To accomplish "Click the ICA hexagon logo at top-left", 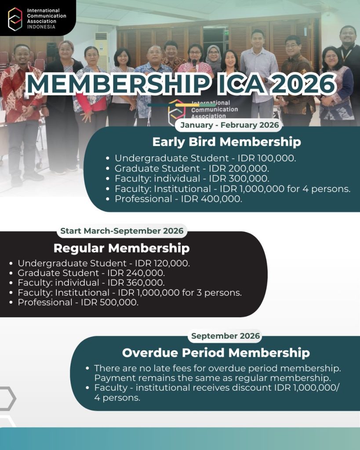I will point(15,18).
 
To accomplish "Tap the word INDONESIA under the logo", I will point(41,26).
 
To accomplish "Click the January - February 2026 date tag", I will point(229,125).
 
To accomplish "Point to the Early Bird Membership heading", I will point(226,142).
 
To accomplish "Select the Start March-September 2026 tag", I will point(122,231).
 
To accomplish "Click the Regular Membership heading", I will point(121,248).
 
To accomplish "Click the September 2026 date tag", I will point(226,336).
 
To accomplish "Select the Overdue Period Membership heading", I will point(216,353).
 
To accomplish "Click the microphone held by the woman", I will point(194,63).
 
